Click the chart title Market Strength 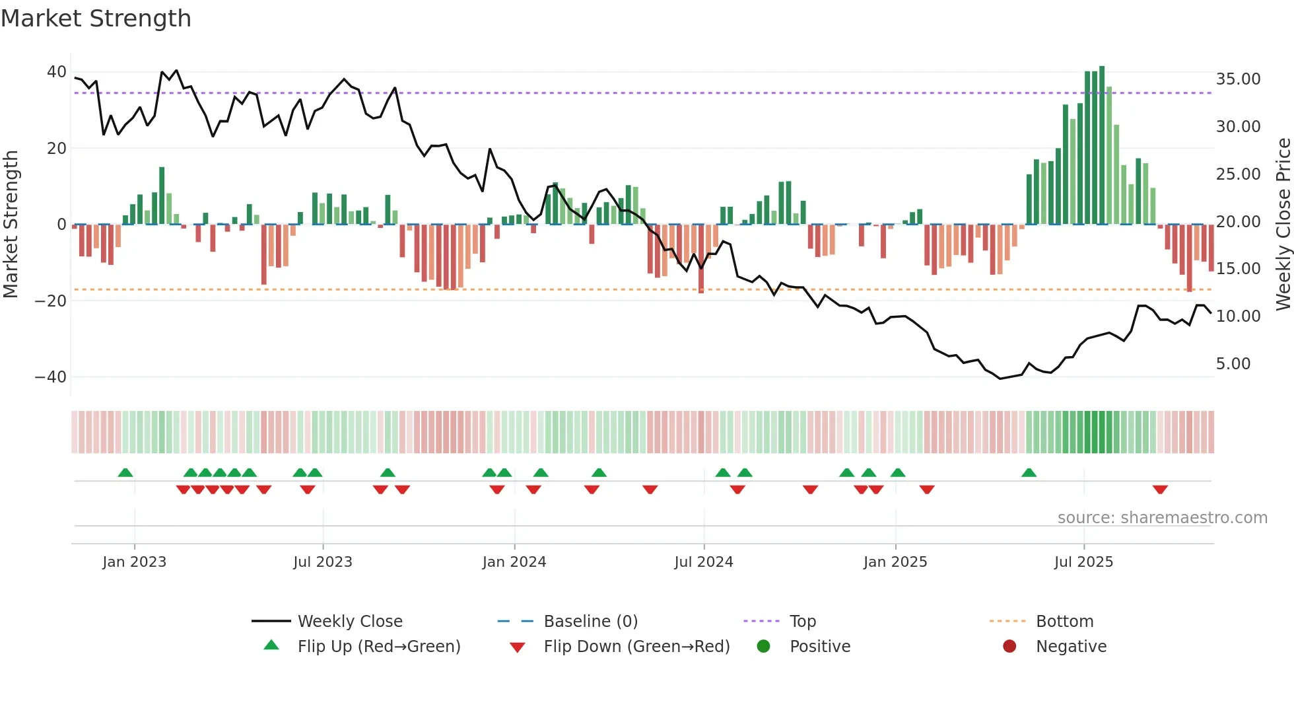[x=96, y=18]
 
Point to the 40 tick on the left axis [x=57, y=72]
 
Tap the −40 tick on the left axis [x=51, y=377]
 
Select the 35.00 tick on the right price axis [x=1238, y=79]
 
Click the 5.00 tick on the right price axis [x=1233, y=364]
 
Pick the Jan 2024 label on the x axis [x=514, y=562]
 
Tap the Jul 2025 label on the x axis [x=1083, y=562]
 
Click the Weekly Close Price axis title [x=1283, y=224]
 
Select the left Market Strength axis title [x=11, y=224]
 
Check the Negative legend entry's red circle [x=1009, y=647]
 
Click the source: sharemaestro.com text [x=1162, y=518]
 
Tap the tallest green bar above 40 [x=1102, y=145]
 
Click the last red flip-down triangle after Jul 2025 [x=1160, y=490]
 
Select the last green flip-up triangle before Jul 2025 [x=1029, y=472]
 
